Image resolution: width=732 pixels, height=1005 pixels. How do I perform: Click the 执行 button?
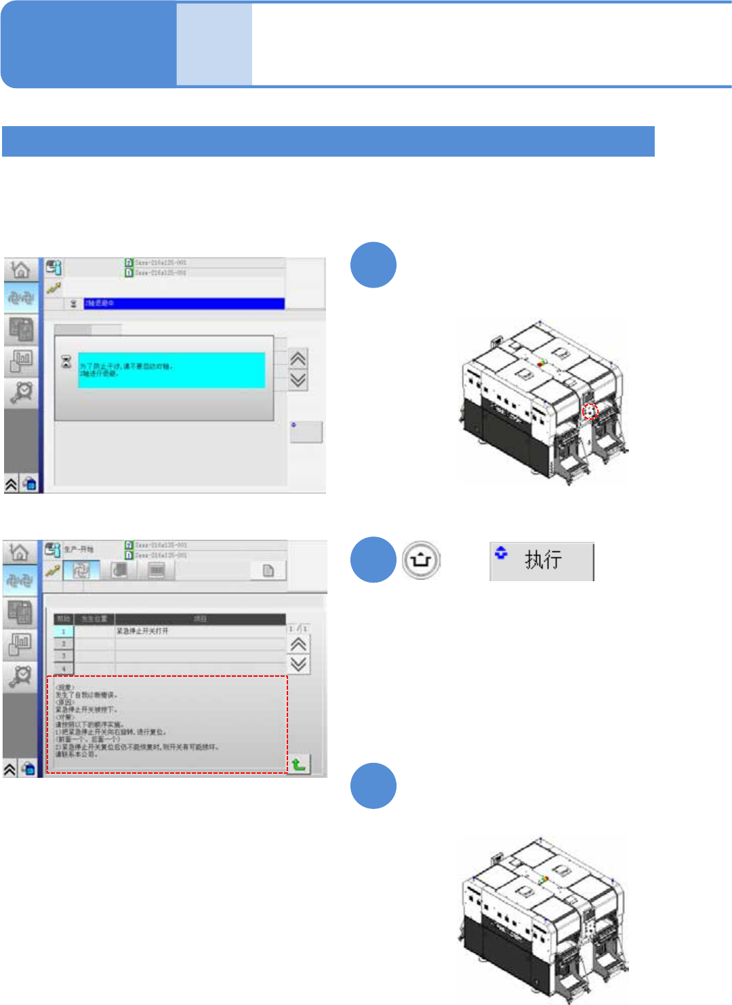coord(542,561)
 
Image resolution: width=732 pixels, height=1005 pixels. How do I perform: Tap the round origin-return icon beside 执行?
coord(421,561)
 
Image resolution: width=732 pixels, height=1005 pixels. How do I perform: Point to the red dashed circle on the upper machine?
coord(590,411)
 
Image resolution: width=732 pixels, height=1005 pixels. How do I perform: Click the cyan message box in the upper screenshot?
coord(171,370)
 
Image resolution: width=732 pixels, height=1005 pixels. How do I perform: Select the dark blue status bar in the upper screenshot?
coord(184,303)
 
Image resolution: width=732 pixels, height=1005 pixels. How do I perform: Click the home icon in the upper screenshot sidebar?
coord(21,270)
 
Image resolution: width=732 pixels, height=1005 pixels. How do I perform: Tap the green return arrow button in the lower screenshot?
coord(298,764)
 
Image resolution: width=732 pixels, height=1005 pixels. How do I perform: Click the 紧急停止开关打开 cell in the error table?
coord(201,631)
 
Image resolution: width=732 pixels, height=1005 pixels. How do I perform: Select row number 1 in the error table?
coord(64,631)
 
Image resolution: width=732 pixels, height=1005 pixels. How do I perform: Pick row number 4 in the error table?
coord(64,669)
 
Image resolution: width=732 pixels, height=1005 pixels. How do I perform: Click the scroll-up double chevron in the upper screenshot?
coord(298,358)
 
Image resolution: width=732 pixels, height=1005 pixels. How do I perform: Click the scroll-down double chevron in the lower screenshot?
coord(298,664)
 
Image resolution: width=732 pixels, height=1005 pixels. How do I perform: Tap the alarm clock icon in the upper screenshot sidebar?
coord(22,392)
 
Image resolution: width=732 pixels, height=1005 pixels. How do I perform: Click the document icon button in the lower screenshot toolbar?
coord(268,571)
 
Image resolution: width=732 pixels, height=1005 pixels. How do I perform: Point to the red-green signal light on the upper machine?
coord(542,363)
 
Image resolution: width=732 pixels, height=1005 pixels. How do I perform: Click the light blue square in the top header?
coord(214,45)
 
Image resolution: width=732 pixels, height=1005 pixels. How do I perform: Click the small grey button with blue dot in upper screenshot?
coord(306,432)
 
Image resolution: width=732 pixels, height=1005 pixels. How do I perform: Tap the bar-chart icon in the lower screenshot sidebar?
coord(20,642)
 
